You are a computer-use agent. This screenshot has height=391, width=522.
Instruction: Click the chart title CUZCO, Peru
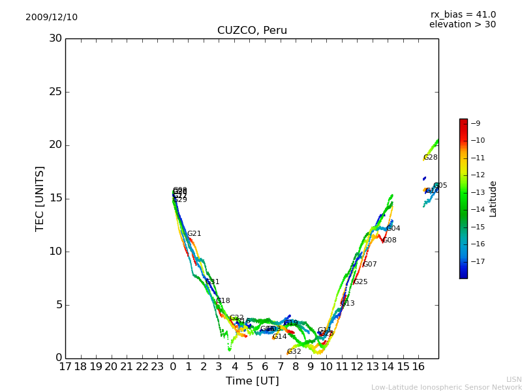[x=252, y=31]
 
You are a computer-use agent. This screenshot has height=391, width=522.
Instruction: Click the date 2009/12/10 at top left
[x=52, y=18]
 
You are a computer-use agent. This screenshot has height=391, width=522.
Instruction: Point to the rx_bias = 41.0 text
[x=463, y=15]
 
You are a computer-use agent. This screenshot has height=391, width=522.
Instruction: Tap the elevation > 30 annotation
[x=462, y=25]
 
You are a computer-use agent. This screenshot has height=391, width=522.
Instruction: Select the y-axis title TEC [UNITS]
[x=40, y=198]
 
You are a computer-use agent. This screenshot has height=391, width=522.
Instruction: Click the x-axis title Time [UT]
[x=252, y=381]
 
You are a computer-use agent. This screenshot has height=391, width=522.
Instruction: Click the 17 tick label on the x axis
[x=65, y=367]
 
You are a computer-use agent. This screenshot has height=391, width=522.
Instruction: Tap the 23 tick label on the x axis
[x=157, y=367]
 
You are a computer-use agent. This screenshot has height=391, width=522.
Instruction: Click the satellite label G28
[x=430, y=158]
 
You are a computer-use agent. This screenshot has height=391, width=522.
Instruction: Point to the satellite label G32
[x=294, y=352]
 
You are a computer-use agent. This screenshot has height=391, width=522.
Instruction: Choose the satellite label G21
[x=194, y=234]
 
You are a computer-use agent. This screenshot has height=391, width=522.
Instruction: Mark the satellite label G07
[x=369, y=265]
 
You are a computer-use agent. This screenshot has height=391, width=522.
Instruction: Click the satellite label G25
[x=360, y=282]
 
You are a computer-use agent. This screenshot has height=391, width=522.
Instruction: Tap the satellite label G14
[x=279, y=337]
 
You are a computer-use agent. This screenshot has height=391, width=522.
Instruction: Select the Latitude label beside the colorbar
[x=493, y=199]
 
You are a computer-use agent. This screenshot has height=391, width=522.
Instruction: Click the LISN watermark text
[x=514, y=379]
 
